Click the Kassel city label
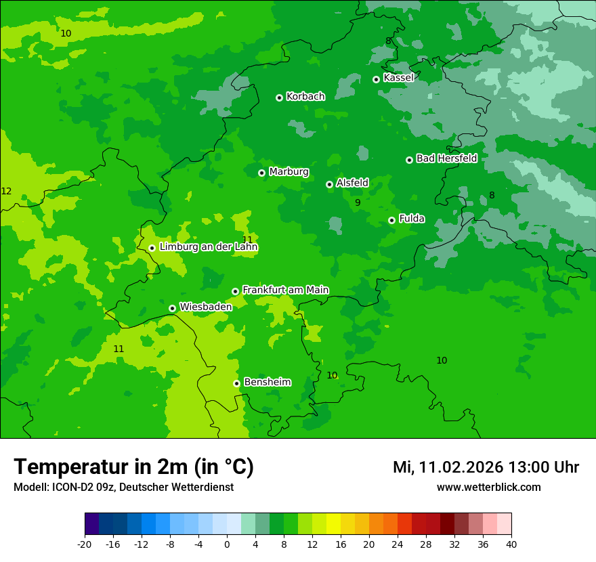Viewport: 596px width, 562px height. [398, 78]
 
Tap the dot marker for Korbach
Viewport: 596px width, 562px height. [279, 98]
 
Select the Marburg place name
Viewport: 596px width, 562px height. [289, 172]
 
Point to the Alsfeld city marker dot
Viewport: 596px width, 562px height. [329, 184]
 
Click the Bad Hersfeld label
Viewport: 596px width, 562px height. [446, 158]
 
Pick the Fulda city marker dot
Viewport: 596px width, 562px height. [391, 220]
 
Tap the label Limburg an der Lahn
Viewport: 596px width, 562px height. [209, 247]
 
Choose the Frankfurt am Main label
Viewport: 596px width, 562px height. [285, 290]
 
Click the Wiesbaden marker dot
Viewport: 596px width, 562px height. [173, 308]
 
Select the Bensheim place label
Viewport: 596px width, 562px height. [267, 382]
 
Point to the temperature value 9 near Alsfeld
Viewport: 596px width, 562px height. [358, 202]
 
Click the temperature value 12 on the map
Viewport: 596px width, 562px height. [6, 192]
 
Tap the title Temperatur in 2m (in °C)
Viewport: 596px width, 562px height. [133, 467]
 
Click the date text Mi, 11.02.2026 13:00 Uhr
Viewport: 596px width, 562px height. [486, 467]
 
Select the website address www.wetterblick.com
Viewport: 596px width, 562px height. [488, 488]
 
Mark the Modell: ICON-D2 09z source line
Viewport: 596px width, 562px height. [123, 488]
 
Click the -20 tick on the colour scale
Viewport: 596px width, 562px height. [85, 544]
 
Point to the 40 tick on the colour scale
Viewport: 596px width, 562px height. [511, 544]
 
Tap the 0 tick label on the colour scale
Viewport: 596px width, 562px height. [227, 544]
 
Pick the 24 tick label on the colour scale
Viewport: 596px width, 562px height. [398, 544]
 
